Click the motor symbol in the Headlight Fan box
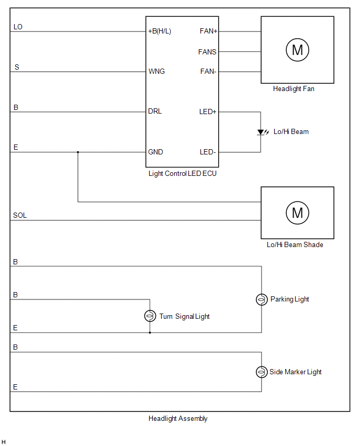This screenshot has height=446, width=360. point(297,50)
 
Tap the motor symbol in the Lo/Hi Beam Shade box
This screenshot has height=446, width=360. point(297,213)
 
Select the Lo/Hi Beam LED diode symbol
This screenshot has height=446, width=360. point(261,132)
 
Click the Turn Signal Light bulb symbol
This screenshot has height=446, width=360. point(150,316)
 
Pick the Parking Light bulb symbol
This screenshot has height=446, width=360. point(261,299)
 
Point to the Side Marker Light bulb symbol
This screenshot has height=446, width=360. point(261,372)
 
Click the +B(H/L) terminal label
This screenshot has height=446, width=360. point(160,31)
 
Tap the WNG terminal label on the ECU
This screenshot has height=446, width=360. point(156,71)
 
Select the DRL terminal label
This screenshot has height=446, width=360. point(155,111)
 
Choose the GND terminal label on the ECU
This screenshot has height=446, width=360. point(156,152)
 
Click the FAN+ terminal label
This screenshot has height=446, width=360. point(209,31)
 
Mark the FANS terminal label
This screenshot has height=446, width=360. point(207,52)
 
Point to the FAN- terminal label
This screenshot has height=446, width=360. point(208,71)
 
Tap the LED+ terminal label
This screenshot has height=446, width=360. point(208,111)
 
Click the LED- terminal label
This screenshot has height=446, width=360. point(208,152)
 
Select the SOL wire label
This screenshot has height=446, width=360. point(20,216)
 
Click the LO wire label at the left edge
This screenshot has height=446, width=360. point(18,27)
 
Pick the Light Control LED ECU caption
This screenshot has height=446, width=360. point(182,174)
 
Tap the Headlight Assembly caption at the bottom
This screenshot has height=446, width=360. point(178,419)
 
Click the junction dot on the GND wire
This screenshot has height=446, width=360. point(78,152)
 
